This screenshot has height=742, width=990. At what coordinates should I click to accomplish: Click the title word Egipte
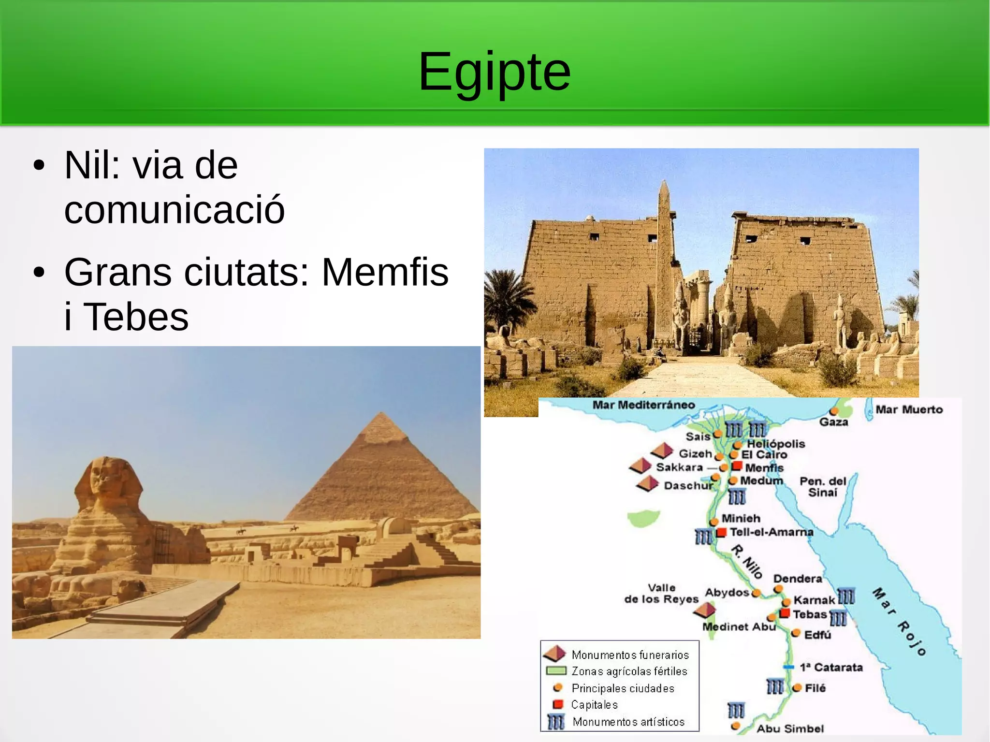click(x=494, y=72)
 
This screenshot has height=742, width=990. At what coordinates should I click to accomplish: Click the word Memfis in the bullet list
click(x=385, y=272)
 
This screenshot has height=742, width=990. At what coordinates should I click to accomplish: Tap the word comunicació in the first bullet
click(x=175, y=209)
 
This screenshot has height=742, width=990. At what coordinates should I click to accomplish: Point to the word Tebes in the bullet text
click(x=136, y=317)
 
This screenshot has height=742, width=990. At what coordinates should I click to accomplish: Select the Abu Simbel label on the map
click(x=790, y=728)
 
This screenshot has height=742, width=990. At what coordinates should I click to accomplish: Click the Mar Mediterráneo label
click(x=643, y=405)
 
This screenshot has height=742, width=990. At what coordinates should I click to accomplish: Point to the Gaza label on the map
click(x=833, y=422)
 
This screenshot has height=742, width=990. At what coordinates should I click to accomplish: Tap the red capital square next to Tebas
click(x=785, y=613)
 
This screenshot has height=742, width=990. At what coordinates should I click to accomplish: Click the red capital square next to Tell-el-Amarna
click(x=721, y=532)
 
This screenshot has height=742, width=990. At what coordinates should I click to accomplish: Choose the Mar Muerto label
click(x=909, y=409)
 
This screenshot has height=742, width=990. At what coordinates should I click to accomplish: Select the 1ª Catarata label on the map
click(x=831, y=668)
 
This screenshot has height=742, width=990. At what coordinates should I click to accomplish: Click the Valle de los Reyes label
click(x=661, y=594)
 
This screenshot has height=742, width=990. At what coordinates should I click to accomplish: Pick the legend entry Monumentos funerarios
click(x=630, y=655)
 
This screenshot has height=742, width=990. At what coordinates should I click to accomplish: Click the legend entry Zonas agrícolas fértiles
click(x=629, y=671)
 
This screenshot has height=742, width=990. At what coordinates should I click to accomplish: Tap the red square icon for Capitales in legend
click(x=558, y=704)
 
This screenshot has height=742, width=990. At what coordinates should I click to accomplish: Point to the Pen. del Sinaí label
click(x=823, y=487)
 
